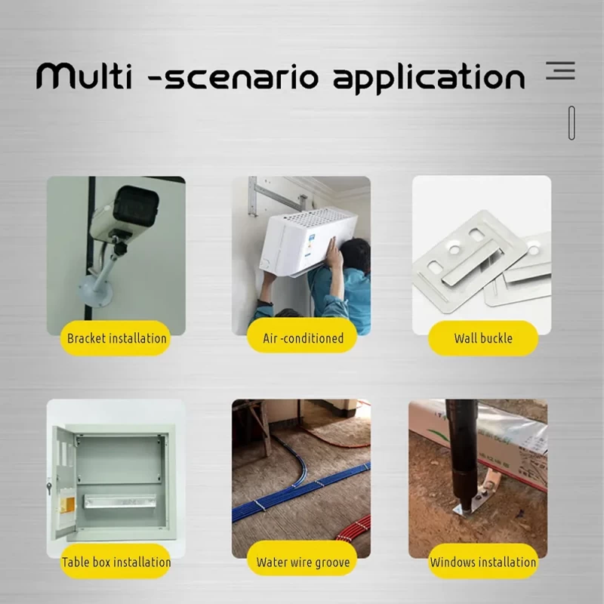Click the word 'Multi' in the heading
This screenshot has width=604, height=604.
84,76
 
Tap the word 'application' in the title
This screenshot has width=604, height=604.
429,79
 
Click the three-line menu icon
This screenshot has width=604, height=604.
560,70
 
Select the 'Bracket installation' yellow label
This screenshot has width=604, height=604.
116,338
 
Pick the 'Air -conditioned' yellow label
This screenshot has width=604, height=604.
303,338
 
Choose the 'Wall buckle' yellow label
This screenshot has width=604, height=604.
483,338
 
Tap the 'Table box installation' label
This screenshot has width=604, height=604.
116,562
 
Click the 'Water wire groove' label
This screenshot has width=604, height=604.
303,562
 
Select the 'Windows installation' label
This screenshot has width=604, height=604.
483,562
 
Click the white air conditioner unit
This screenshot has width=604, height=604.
308,241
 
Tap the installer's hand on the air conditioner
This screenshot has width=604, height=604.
334,252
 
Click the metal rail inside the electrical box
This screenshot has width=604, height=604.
120,501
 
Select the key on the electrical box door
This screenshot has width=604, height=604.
49,487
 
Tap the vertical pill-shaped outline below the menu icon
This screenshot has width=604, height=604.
572,123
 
